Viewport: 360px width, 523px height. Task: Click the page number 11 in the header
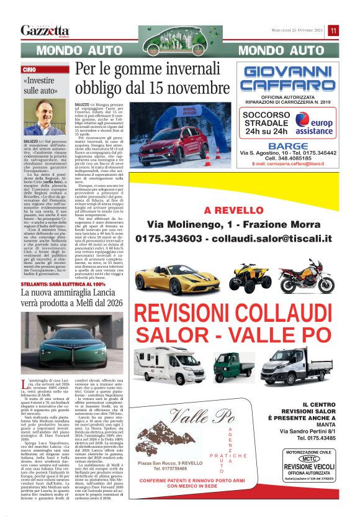[333, 30]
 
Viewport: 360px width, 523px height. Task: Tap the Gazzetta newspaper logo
[45, 30]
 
